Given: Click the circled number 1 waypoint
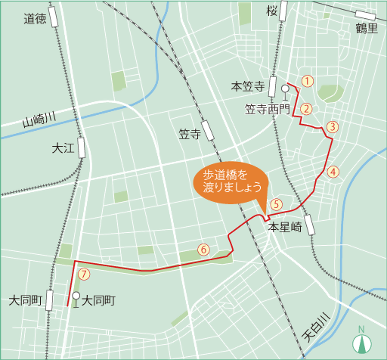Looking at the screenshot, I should [x=307, y=80].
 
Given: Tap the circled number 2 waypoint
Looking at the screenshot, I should [x=306, y=108].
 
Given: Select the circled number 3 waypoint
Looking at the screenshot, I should [x=331, y=127].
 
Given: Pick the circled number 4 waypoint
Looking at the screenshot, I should [x=333, y=172].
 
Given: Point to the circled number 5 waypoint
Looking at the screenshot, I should [x=277, y=203].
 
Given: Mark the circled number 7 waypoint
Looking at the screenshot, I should [x=84, y=274].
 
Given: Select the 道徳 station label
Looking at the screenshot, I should [x=35, y=18].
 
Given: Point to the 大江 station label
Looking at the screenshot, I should [x=63, y=148].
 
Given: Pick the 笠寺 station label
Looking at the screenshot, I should [x=189, y=135].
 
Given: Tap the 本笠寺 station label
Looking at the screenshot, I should [x=247, y=86].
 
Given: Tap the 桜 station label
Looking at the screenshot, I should [x=272, y=11].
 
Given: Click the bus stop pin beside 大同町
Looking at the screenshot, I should [x=76, y=298].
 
